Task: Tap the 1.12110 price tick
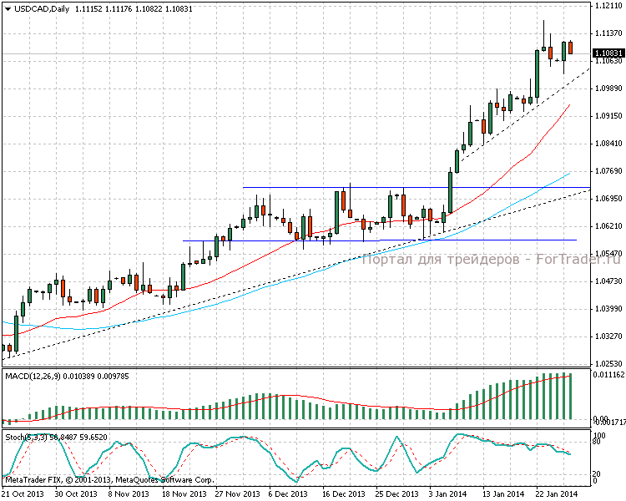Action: pyautogui.click(x=609, y=5)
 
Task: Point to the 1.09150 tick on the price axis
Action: pyautogui.click(x=609, y=115)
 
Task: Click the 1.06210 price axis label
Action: pyautogui.click(x=609, y=225)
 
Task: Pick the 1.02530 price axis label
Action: pyautogui.click(x=609, y=363)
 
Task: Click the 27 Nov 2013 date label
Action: pyautogui.click(x=237, y=493)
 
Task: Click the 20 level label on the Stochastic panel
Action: pyautogui.click(x=596, y=473)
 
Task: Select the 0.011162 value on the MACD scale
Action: pyautogui.click(x=608, y=376)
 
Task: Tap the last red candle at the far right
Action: pyautogui.click(x=570, y=48)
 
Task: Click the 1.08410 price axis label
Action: pyautogui.click(x=609, y=143)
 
